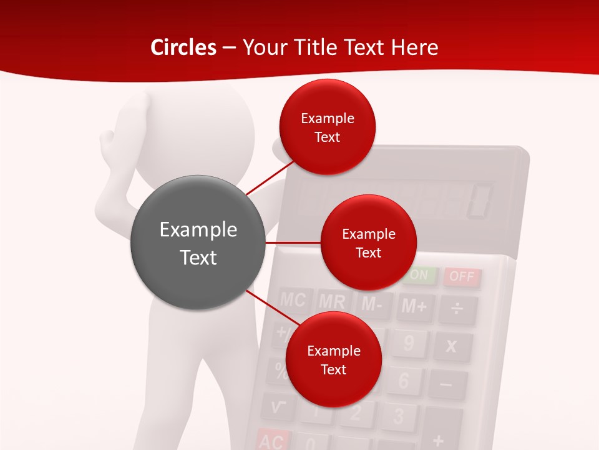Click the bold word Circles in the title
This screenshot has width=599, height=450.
(183, 47)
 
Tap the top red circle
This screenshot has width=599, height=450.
(327, 127)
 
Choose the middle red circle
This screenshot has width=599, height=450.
(368, 242)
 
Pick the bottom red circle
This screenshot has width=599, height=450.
(333, 359)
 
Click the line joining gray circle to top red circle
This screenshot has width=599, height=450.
(270, 177)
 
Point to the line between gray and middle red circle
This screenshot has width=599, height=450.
(293, 242)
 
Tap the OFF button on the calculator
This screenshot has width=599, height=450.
(462, 276)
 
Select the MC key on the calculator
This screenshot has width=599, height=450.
(293, 300)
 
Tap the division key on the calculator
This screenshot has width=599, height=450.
(457, 308)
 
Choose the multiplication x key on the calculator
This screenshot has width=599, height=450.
(451, 346)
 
